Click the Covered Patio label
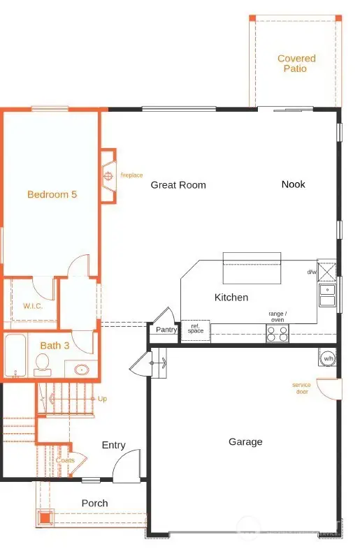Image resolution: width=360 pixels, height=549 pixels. click(296, 64)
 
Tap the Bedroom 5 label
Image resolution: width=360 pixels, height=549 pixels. click(52, 194)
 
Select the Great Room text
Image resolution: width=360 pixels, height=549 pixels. click(178, 185)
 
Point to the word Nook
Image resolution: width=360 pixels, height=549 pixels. click(294, 184)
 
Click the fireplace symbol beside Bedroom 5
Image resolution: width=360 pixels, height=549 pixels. click(108, 175)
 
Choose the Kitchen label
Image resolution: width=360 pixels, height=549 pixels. click(231, 298)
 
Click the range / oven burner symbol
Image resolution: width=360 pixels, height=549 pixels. click(278, 333)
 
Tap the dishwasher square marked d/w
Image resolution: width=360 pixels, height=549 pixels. click(326, 270)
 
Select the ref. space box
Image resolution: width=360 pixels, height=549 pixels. click(196, 330)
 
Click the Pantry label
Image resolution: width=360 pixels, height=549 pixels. click(166, 330)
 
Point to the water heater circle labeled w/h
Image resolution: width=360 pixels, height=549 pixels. click(328, 358)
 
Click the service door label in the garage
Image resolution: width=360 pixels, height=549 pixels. click(301, 388)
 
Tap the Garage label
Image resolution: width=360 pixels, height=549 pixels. click(245, 442)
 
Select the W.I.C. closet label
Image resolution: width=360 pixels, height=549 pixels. click(33, 306)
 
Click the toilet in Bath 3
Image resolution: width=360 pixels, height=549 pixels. click(43, 365)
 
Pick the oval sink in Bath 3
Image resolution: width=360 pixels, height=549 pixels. click(82, 369)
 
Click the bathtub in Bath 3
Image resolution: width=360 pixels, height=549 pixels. click(16, 356)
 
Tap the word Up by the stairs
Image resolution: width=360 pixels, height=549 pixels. click(102, 399)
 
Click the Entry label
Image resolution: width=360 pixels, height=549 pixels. click(113, 445)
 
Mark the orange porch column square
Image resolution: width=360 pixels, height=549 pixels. click(45, 518)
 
